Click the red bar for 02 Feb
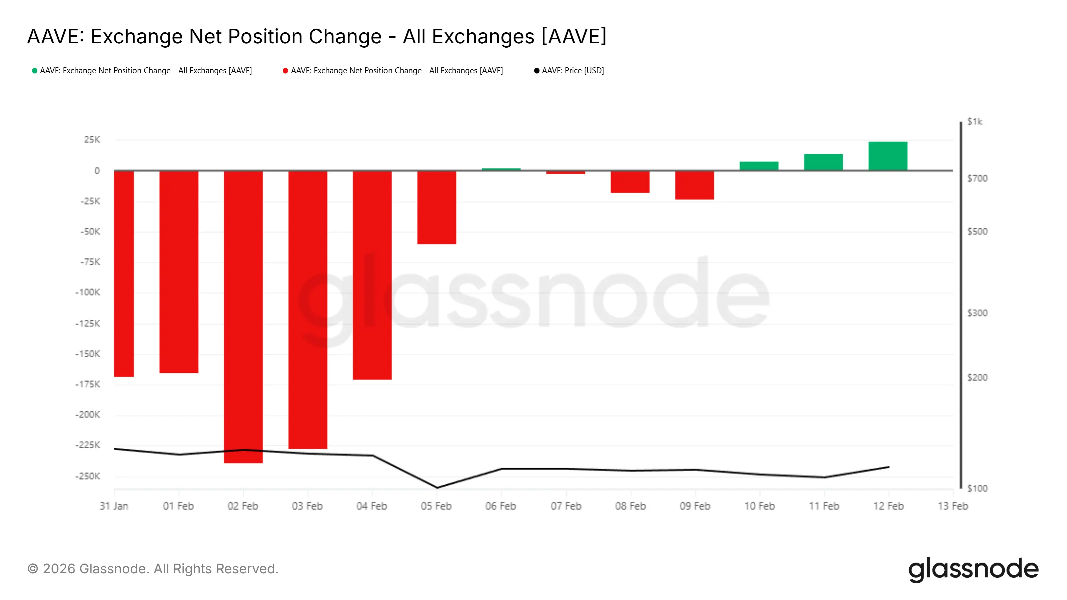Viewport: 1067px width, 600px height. [x=243, y=317]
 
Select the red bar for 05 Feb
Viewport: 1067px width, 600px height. [x=436, y=207]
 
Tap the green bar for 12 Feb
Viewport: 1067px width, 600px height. [x=888, y=156]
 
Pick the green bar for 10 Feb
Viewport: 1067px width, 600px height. [x=759, y=166]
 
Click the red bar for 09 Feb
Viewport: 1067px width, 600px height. [x=694, y=185]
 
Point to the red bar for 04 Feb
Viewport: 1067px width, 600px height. [x=372, y=275]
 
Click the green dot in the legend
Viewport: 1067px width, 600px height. [x=35, y=71]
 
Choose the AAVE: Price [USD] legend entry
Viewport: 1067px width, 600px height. [x=573, y=71]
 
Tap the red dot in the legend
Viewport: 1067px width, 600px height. [x=285, y=71]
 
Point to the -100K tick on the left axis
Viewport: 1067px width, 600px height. [x=88, y=292]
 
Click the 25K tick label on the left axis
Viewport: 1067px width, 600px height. [x=92, y=140]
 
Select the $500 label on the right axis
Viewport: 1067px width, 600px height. [x=977, y=231]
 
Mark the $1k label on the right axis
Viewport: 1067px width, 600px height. [x=975, y=122]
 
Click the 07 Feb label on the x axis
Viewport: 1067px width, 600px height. [x=566, y=506]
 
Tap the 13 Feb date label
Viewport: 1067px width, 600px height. [x=953, y=506]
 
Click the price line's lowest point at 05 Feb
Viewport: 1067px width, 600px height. [x=436, y=488]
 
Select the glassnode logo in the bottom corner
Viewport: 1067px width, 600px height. [x=973, y=569]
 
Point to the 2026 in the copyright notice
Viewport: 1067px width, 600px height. [x=59, y=569]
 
